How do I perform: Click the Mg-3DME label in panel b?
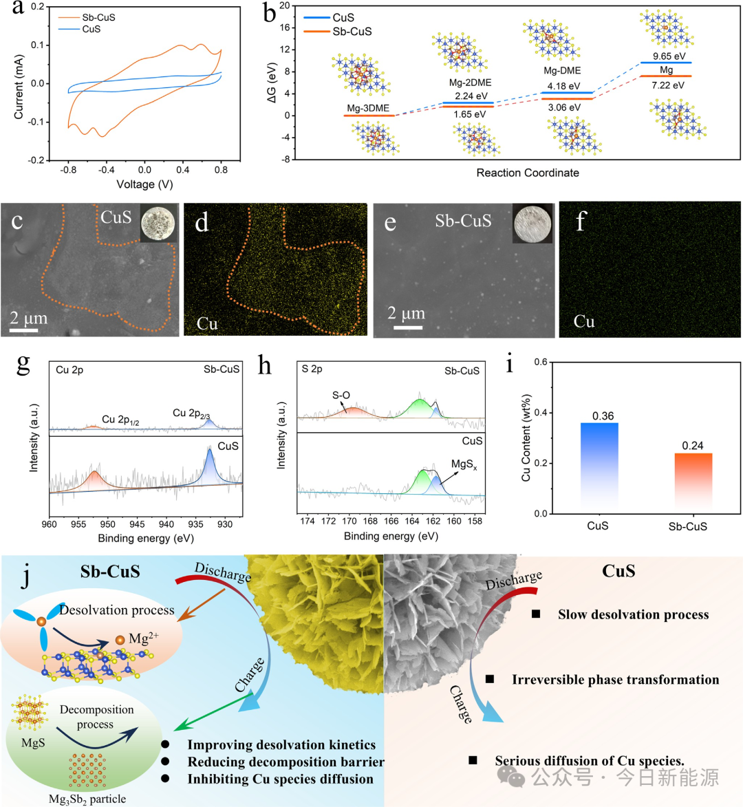(368, 108)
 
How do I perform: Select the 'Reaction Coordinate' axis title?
(528, 173)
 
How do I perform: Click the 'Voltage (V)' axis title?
(144, 184)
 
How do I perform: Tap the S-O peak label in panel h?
(341, 396)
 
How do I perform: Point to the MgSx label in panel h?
(464, 466)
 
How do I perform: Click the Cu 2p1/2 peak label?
(120, 420)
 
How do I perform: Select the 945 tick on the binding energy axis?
(137, 524)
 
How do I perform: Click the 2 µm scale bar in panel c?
(24, 330)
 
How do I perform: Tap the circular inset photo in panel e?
(532, 224)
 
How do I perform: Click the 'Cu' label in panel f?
(584, 321)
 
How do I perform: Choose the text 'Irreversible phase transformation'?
(615, 680)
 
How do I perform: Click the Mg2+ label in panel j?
(143, 638)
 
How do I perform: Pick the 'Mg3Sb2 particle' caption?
(87, 799)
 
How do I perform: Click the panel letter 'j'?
(26, 576)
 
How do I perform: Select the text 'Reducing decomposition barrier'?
(286, 762)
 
